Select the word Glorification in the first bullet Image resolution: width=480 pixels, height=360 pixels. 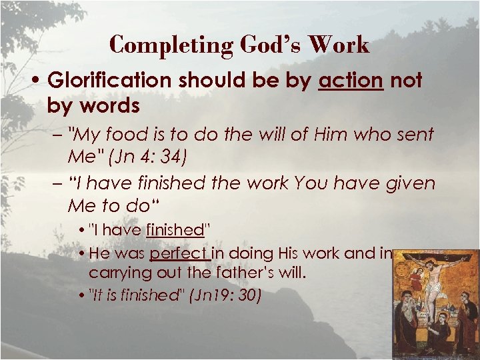tap(111, 81)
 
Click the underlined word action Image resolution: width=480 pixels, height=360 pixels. tap(351, 81)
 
